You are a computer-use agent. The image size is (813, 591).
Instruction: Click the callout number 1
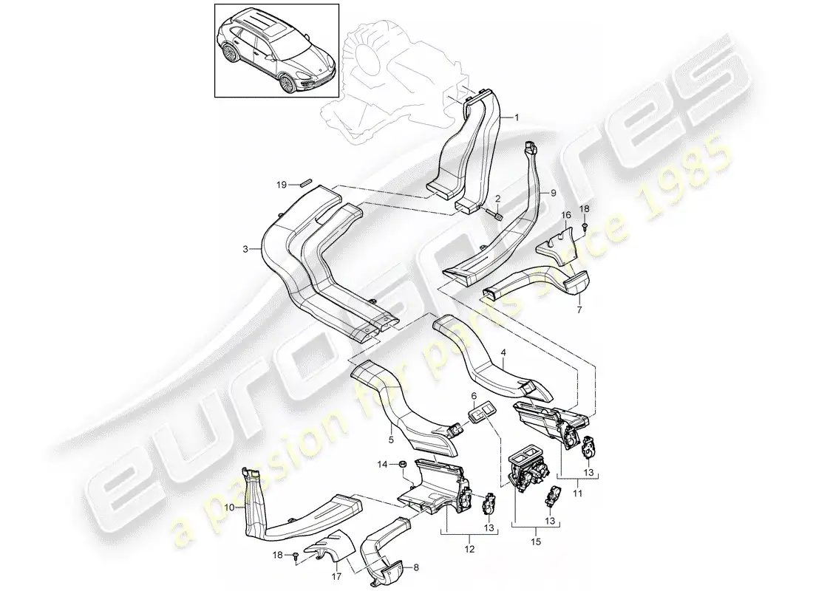pos(516,117)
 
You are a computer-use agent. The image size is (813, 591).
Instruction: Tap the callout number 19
pos(281,184)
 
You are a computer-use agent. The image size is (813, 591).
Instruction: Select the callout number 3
pos(245,250)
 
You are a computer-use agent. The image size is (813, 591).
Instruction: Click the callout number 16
pos(565,215)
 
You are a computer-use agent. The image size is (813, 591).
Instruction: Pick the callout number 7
pos(579,310)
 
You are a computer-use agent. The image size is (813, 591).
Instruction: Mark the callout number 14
pos(382,465)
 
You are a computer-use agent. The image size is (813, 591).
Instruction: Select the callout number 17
pos(336,575)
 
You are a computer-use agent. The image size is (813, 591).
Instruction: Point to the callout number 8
pos(415,567)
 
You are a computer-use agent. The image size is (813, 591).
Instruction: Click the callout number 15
pos(536,542)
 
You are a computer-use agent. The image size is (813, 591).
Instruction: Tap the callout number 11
pos(578,493)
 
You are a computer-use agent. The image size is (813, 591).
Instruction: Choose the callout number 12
pos(469,549)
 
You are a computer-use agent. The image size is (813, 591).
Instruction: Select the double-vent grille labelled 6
pos(480,414)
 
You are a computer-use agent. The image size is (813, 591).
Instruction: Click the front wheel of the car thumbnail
pos(286,83)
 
